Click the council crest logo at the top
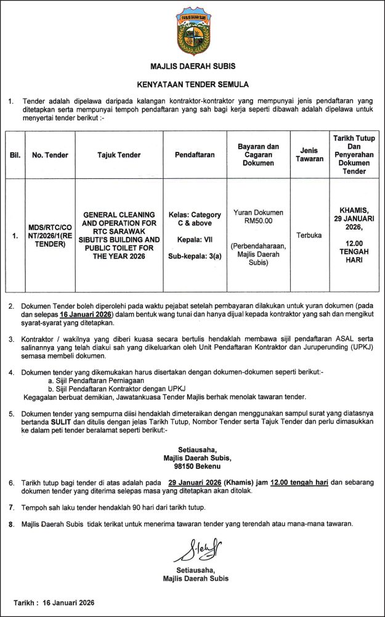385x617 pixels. coord(192,31)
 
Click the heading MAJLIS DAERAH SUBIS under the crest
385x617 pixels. coord(192,66)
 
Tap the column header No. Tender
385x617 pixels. coord(50,155)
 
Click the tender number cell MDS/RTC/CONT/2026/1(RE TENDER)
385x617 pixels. coord(50,235)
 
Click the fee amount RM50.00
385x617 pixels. coord(258,220)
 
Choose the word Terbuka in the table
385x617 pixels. coord(309,235)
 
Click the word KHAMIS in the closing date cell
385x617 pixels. coord(354,210)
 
